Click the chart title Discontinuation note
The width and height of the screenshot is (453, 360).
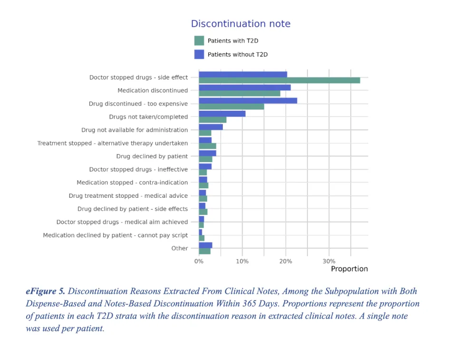241,24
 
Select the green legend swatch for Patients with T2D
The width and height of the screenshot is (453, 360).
199,41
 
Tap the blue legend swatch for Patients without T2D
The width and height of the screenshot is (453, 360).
199,54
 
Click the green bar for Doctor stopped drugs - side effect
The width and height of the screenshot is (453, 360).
279,80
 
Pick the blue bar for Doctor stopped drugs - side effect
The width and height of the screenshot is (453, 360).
242,74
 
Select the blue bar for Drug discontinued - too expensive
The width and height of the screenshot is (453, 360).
248,100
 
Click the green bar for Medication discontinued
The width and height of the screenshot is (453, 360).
239,93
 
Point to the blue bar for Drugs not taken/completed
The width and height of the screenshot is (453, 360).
222,114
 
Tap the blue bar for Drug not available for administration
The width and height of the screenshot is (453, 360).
211,127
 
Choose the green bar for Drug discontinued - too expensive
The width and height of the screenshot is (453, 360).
231,107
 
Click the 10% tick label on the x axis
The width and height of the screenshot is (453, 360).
242,261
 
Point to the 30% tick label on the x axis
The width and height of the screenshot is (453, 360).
329,261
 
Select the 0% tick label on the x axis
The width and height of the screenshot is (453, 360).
199,261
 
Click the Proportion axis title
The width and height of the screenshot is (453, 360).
349,269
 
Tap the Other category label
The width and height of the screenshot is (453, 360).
180,248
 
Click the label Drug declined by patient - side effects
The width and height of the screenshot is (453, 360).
133,209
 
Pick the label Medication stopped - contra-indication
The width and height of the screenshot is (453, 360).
132,183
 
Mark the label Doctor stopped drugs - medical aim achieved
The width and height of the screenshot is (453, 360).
122,222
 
